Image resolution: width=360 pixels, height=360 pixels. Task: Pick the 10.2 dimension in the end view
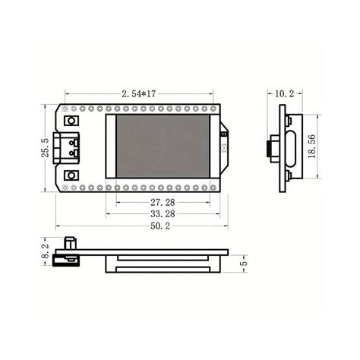pos(284,93)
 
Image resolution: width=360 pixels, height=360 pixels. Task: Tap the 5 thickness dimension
pos(242,262)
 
